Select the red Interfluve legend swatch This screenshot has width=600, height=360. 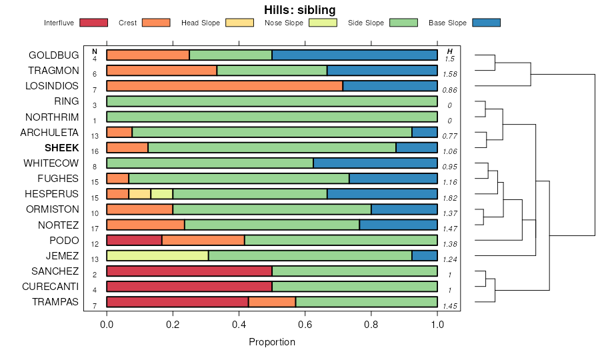tap(93, 23)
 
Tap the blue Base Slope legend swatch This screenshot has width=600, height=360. tap(486, 23)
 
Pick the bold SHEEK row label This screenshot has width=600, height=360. tap(61, 147)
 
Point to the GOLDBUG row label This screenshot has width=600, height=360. tap(53, 55)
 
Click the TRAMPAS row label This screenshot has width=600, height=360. tap(55, 302)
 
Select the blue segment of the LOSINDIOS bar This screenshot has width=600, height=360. tap(390, 85)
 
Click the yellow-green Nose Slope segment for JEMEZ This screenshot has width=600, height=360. tap(157, 255)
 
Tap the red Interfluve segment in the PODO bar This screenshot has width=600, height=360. tap(134, 240)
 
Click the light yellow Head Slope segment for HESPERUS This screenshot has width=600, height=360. tap(140, 194)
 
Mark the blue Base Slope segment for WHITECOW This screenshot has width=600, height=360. tap(375, 163)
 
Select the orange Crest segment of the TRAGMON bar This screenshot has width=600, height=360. tap(162, 70)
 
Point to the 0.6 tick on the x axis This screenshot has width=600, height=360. tap(305, 325)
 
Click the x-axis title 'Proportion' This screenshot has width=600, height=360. tap(272, 342)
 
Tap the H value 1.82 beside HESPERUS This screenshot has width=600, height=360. tap(450, 198)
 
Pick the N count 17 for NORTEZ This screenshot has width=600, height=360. tap(95, 229)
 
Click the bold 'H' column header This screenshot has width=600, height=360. tap(450, 51)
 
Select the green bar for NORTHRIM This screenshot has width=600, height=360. tap(272, 117)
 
